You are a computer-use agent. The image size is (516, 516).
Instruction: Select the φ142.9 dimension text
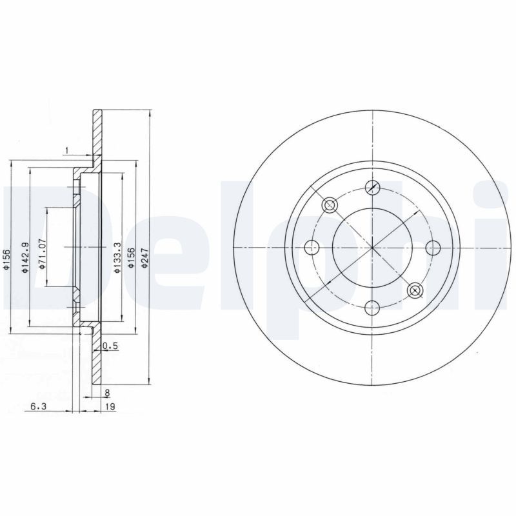coord(25,258)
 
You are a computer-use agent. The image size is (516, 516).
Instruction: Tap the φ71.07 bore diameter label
coord(43,253)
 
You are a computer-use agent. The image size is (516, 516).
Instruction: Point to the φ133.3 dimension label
coord(117,257)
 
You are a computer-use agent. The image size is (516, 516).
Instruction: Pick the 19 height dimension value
coord(110,407)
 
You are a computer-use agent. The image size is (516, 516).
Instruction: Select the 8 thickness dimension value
coord(107,392)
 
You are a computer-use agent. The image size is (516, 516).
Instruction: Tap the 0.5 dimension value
coord(111,346)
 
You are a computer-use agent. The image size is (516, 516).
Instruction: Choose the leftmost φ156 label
coord(7,258)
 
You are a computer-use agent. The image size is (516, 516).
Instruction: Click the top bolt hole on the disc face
coord(372,188)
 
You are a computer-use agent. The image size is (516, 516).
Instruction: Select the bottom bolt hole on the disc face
coord(372,308)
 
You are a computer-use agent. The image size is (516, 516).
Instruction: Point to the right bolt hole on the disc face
coord(432,248)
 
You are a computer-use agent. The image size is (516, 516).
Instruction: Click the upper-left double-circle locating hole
coord(330,205)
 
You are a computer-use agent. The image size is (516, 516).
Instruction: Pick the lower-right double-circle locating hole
coord(415,290)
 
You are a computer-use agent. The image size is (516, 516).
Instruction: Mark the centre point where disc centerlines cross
coord(372,248)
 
